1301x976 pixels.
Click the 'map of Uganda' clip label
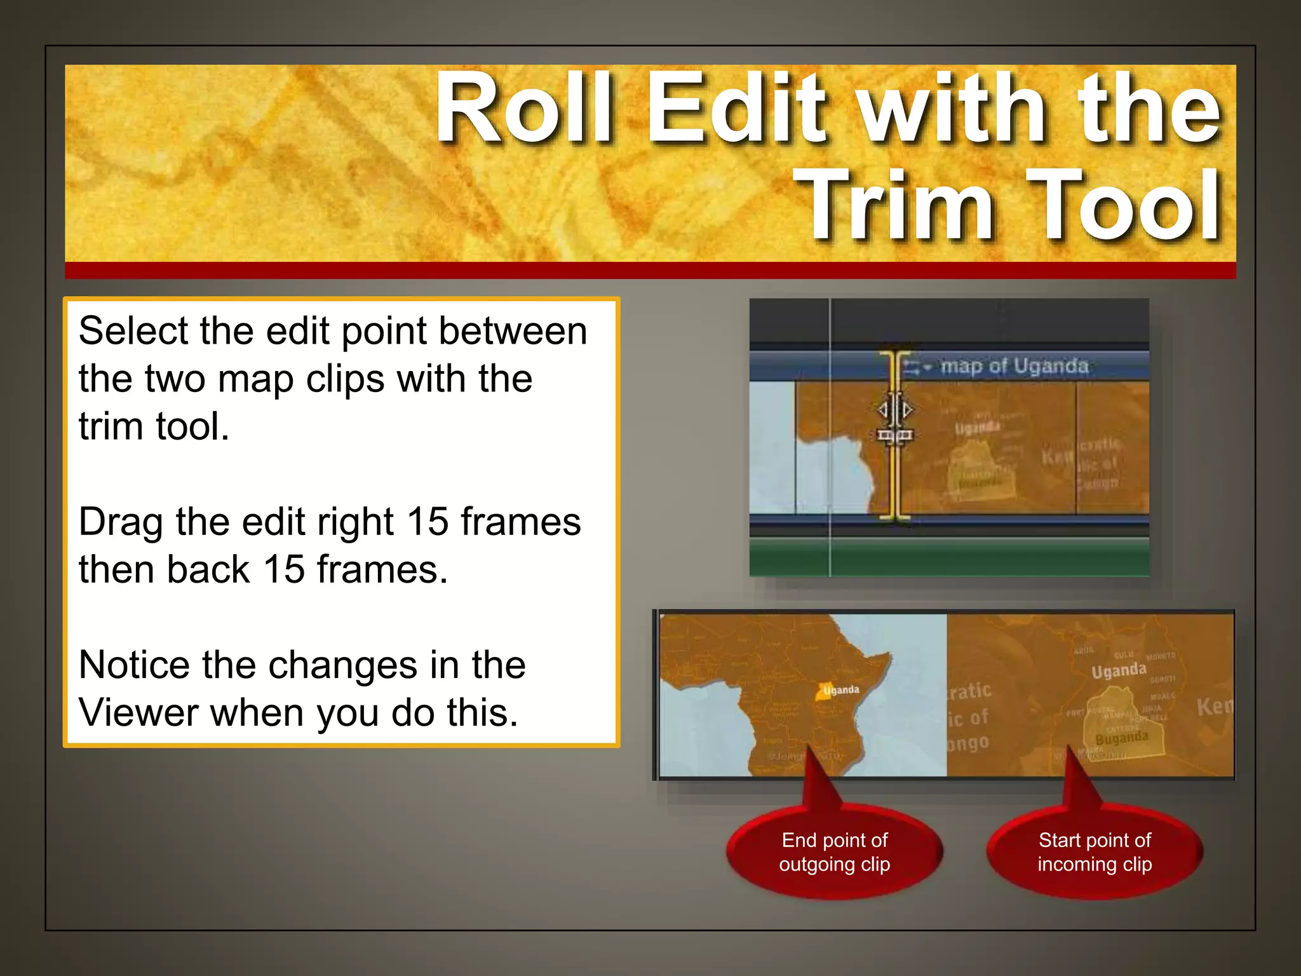coord(1014,367)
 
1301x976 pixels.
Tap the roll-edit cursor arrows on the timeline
coord(895,410)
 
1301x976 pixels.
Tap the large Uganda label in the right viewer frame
coord(1119,670)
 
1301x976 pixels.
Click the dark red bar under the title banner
coord(650,270)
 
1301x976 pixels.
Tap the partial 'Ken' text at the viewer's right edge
coord(1215,707)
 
